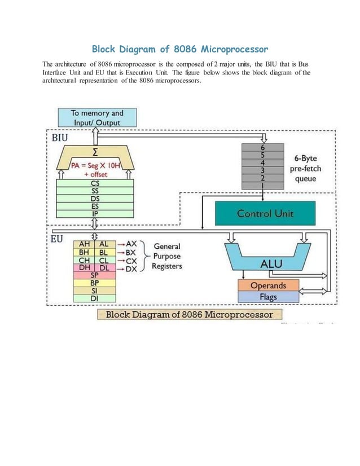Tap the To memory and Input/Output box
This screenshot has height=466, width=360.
click(97, 118)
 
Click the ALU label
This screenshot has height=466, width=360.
click(271, 263)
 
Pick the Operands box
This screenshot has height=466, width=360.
click(268, 285)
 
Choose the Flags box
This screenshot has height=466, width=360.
click(268, 297)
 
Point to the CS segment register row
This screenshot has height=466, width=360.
click(96, 183)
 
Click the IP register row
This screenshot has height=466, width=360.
click(96, 214)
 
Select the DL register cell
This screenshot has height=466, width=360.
click(104, 268)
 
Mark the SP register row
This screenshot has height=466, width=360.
click(95, 275)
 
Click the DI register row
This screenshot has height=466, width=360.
click(95, 298)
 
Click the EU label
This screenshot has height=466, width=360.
click(57, 239)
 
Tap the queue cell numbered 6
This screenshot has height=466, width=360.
click(262, 147)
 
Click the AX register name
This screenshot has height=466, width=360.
click(131, 244)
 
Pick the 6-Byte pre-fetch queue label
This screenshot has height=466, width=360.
click(303, 169)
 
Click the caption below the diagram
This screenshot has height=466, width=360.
click(190, 315)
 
